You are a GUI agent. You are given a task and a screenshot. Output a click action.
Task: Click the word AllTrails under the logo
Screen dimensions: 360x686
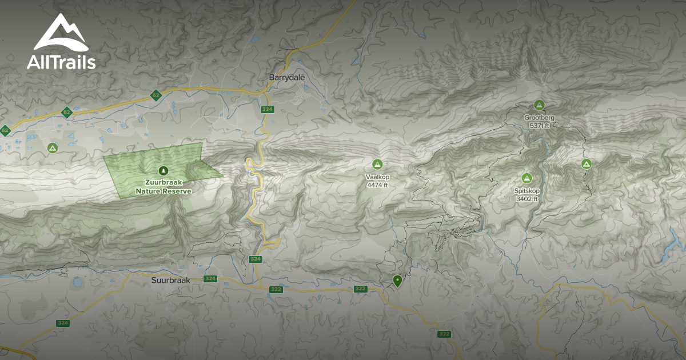coord(61,62)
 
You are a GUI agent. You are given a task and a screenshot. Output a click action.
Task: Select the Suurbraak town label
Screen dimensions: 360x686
coord(170,280)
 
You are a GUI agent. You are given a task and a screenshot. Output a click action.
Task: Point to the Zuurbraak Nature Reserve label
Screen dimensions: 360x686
coord(163,186)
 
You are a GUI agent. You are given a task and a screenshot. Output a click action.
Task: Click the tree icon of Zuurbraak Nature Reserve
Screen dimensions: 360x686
coord(163,170)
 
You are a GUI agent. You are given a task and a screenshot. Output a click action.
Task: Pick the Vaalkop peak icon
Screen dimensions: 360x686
coord(377,165)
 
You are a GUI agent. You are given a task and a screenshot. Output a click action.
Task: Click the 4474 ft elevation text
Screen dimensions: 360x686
coord(377,185)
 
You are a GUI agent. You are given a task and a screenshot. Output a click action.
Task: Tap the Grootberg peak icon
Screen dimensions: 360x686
coord(539,105)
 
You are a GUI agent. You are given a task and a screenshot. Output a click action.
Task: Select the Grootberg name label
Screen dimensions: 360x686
coord(539,118)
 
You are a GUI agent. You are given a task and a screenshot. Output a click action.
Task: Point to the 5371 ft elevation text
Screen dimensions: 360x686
coord(539,126)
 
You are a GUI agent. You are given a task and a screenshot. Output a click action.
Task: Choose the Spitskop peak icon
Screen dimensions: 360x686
coord(527,178)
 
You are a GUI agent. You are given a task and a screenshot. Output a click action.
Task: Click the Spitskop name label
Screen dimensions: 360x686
coord(527,191)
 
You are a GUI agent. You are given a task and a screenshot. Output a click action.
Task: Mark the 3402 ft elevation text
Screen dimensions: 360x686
coord(527,199)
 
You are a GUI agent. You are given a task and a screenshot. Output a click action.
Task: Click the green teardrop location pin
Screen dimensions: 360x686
coord(397,280)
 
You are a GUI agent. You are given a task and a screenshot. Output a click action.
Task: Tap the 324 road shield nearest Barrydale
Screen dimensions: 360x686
coord(266,109)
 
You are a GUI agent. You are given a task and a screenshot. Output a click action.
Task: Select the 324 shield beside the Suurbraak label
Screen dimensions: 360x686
coord(210,279)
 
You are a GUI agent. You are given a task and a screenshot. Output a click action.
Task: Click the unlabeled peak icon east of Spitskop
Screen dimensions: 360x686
coord(586,165)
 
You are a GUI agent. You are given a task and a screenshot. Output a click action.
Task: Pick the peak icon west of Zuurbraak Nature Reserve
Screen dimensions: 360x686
coord(53,148)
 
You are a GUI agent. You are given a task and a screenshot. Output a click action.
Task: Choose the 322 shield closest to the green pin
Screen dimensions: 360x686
coord(360,289)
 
